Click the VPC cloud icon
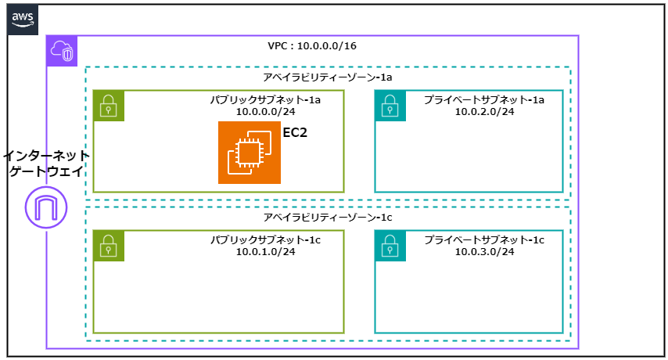point(62,51)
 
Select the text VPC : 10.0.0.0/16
point(312,46)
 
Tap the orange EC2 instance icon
point(249,152)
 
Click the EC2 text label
point(295,133)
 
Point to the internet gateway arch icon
point(46,207)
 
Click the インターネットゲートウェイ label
point(46,164)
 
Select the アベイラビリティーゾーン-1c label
point(328,218)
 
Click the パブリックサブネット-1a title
point(265,100)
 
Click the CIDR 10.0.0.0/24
point(265,112)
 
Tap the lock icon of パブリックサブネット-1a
point(109,106)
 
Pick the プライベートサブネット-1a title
point(484,100)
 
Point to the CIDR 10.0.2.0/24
point(484,112)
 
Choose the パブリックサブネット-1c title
point(265,239)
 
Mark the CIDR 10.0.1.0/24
point(265,251)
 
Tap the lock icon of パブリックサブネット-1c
point(109,246)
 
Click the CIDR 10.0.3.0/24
point(484,251)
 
